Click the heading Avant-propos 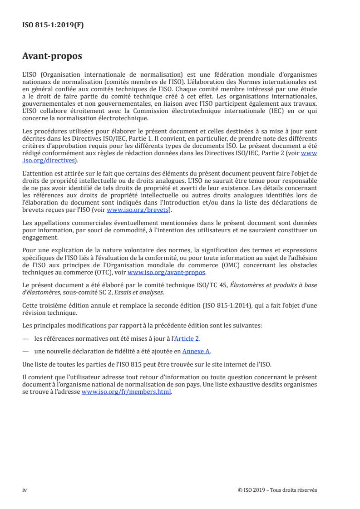coord(52,57)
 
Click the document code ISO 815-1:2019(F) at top coord(53,25)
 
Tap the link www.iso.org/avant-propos coord(167,273)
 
